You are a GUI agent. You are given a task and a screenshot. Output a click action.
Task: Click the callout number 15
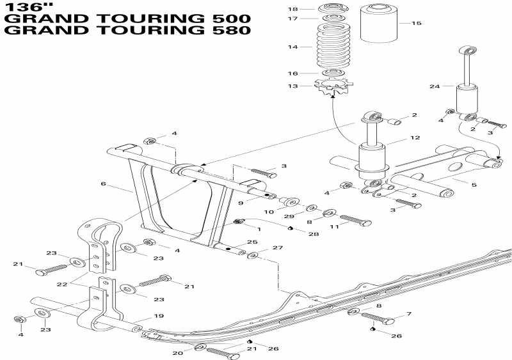[417, 23]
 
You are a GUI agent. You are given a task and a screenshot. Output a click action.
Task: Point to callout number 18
[292, 9]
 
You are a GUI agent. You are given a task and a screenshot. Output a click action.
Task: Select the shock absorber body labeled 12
[372, 157]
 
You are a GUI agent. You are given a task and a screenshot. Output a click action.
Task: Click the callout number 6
[102, 184]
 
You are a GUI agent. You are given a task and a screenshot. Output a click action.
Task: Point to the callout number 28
[313, 235]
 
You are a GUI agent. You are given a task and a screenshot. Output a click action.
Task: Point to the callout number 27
[277, 247]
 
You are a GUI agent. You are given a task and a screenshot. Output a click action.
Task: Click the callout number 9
[242, 202]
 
